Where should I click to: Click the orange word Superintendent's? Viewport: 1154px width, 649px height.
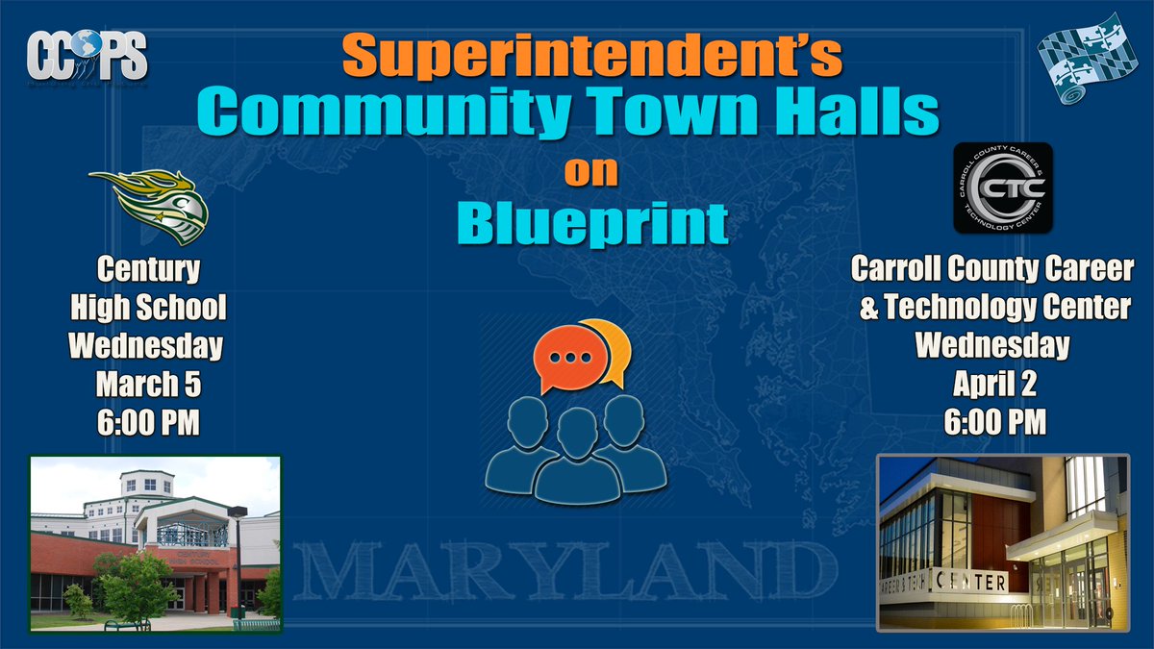591,57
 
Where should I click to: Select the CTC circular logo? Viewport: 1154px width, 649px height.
1003,188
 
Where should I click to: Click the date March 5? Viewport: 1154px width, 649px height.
148,385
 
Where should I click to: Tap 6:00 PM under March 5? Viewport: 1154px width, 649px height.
148,422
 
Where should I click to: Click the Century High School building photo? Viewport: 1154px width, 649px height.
155,542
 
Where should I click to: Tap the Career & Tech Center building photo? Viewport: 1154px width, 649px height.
1002,542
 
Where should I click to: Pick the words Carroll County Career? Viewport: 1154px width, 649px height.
991,270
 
